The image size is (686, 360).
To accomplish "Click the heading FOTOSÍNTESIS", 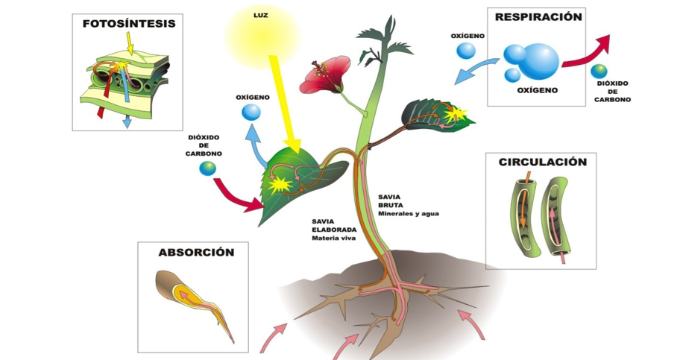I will coord(129,24).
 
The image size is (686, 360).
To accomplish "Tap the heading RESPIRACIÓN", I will coord(538,17).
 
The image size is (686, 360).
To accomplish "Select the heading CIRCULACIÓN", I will coord(542,162).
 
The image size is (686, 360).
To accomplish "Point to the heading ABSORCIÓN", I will coord(196,252).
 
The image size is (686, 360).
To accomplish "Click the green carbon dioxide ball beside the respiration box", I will coord(598,71).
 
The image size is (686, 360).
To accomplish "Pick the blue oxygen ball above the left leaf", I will coord(251,113).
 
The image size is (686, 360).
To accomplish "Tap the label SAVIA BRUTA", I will coord(390,200).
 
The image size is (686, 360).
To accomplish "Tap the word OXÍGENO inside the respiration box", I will coord(537,90).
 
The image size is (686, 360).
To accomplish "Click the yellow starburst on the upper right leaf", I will coord(454,114).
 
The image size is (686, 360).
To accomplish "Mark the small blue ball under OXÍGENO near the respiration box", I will coord(465,51).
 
